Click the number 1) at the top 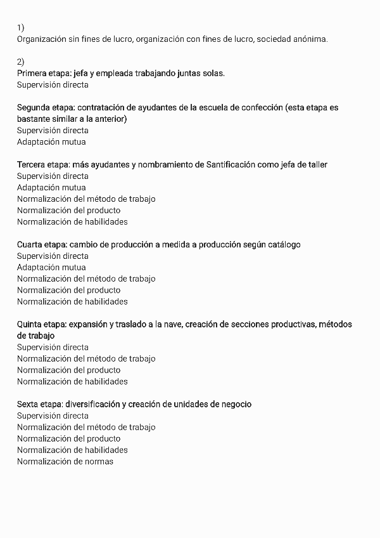20,27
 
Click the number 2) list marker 20,62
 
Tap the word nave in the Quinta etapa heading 172,324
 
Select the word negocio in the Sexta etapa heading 235,404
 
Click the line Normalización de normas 65,461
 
